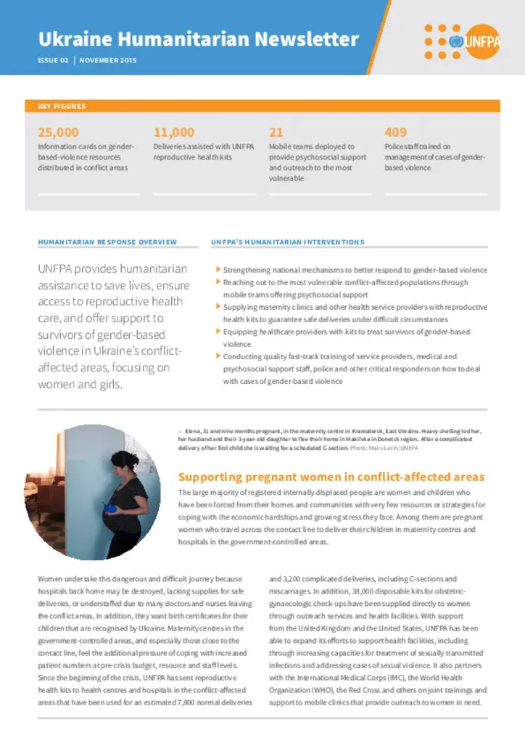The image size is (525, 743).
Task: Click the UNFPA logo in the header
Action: [x=461, y=41]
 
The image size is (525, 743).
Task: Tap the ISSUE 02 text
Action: [x=53, y=60]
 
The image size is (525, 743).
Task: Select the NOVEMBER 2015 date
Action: [x=108, y=60]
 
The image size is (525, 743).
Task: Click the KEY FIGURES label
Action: [x=62, y=106]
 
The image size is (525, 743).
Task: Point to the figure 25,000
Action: [x=58, y=132]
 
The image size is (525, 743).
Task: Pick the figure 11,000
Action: [x=174, y=132]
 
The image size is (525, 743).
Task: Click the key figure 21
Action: [x=276, y=132]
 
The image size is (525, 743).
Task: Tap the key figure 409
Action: [x=396, y=132]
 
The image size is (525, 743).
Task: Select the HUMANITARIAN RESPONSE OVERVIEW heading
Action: [x=107, y=242]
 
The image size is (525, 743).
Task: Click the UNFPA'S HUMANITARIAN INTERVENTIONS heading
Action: [x=287, y=242]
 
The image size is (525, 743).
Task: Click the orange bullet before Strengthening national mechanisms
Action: [x=218, y=269]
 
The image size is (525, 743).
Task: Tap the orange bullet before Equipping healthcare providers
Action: [x=218, y=331]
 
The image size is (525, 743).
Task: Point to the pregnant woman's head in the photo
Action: [x=128, y=461]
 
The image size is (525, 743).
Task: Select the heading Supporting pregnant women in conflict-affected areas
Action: [x=331, y=477]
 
